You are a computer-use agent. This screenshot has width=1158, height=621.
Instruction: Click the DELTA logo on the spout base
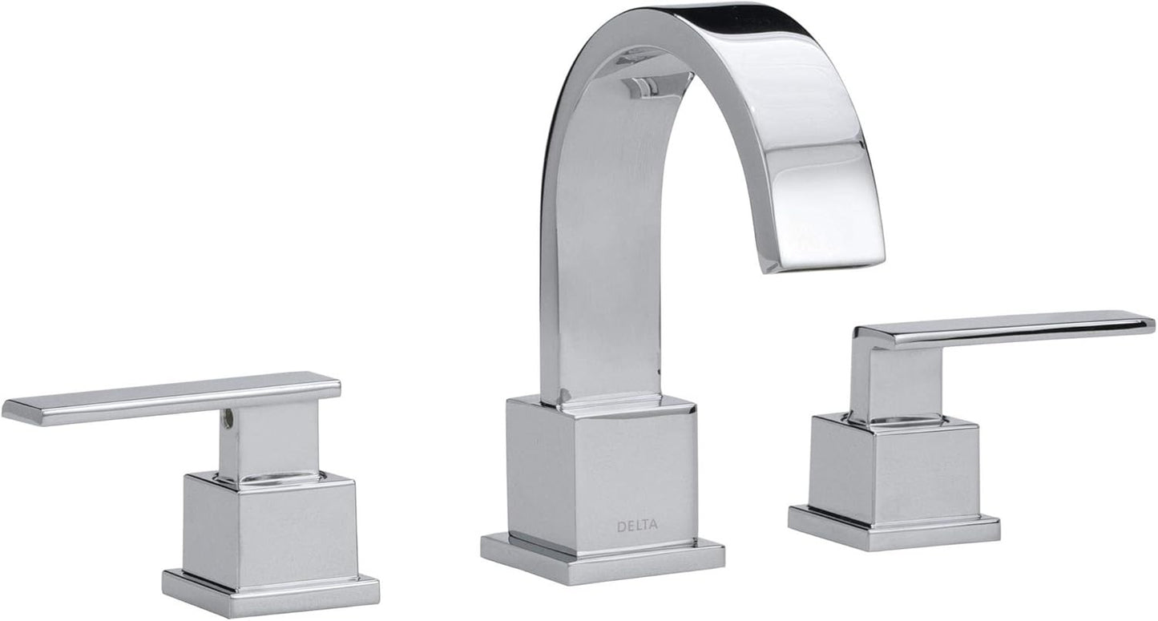[637, 526]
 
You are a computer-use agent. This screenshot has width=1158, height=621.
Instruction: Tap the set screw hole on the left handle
[228, 416]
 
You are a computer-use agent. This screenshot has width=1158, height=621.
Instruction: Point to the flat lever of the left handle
[160, 397]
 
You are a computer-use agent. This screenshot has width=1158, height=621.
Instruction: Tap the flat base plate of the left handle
[270, 592]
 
